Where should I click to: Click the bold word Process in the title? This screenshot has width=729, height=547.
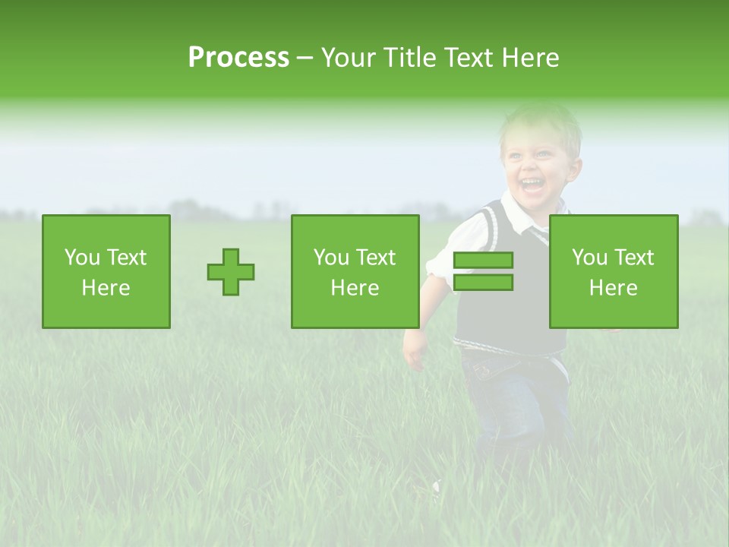(238, 57)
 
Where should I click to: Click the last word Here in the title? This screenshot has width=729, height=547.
(530, 58)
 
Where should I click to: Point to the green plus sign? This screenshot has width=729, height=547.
(231, 271)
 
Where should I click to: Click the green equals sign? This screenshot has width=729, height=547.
(483, 271)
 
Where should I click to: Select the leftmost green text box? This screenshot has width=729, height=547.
(106, 271)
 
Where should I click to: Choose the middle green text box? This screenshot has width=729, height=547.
(355, 271)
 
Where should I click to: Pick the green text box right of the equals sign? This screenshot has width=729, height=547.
(614, 271)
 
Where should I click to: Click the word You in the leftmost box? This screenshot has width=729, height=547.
(82, 258)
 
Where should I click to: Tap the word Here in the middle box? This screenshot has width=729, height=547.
(355, 288)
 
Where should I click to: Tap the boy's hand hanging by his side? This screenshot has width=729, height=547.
(415, 350)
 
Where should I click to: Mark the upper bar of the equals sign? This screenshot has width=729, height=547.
(483, 261)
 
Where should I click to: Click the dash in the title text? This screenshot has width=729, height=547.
(305, 58)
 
